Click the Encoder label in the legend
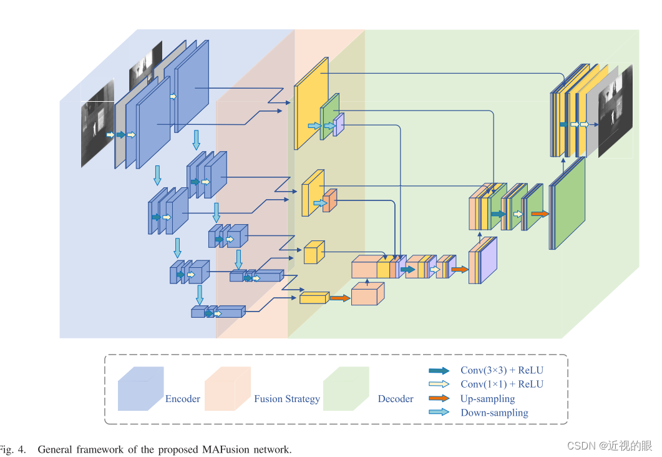click(x=182, y=399)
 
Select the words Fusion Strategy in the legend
click(x=286, y=399)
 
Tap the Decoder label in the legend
click(x=396, y=399)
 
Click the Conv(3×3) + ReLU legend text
click(x=502, y=370)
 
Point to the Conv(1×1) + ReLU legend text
click(x=502, y=385)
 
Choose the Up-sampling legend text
click(x=487, y=398)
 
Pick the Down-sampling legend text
click(x=494, y=413)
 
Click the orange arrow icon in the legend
click(x=439, y=398)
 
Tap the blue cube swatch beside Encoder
click(x=140, y=389)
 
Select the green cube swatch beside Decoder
click(x=346, y=389)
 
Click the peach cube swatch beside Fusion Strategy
click(x=227, y=389)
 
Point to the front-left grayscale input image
click(x=97, y=123)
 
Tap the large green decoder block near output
click(x=568, y=203)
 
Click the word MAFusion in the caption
click(x=225, y=450)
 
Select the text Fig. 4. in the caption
click(x=12, y=450)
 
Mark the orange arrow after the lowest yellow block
click(x=339, y=298)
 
